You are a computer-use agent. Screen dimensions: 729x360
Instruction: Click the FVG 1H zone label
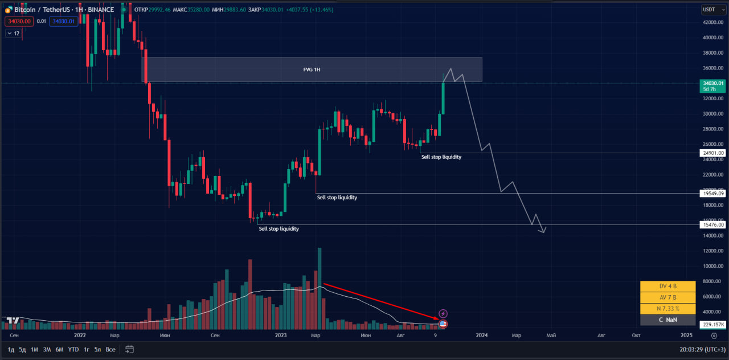312,69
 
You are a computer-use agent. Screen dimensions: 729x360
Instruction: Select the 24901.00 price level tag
712,153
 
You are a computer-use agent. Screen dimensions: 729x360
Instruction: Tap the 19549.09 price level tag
712,194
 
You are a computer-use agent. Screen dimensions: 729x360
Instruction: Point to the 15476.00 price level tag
712,224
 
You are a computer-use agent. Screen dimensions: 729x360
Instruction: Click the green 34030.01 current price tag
712,86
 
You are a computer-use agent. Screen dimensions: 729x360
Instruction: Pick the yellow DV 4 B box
668,286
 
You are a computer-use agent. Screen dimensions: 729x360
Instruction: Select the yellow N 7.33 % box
668,309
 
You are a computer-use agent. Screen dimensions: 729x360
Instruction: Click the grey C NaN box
668,320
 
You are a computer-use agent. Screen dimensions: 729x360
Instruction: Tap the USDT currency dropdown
714,10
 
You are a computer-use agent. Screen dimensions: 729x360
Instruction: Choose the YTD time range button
73,350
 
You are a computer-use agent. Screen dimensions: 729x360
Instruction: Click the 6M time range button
59,350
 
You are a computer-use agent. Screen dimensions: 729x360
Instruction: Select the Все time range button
110,350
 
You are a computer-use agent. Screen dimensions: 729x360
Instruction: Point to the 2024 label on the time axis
482,336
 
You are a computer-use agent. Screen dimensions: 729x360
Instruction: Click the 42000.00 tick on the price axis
712,22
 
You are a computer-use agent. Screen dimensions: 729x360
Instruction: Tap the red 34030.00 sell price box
19,22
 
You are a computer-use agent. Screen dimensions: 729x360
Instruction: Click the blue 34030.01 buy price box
63,22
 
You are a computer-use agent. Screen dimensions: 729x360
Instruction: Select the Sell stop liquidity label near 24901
441,157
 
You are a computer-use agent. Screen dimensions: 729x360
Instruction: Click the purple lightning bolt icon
443,313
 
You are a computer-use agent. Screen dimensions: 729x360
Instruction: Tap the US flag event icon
443,324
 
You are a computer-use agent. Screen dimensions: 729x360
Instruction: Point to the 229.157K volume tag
712,325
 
